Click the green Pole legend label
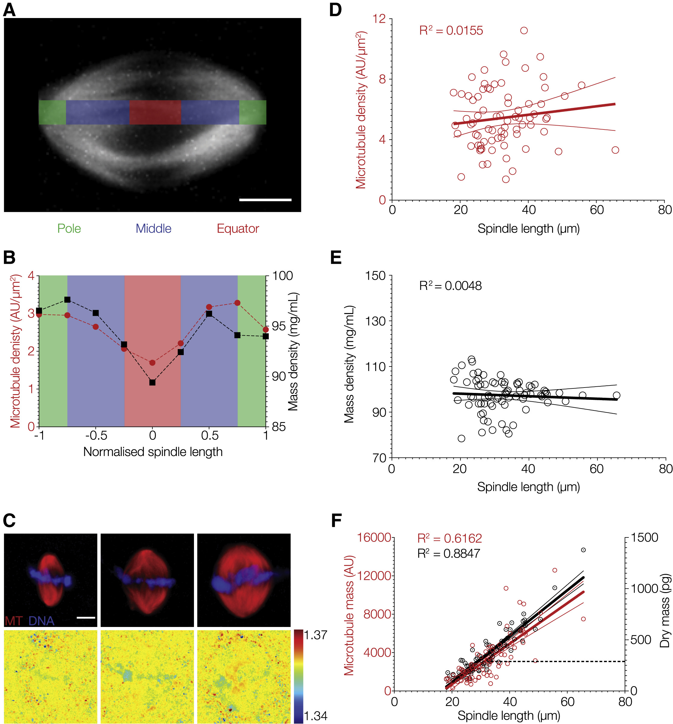[69, 229]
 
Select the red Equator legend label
[238, 229]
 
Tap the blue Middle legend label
[153, 229]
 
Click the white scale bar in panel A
[265, 200]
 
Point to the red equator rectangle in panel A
[155, 112]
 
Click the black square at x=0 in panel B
[152, 382]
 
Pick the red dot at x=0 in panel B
[152, 363]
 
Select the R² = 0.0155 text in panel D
[451, 31]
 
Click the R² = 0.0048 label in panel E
[450, 286]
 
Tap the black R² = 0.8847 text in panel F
[448, 554]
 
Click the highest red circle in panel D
[524, 31]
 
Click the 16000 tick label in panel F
[374, 538]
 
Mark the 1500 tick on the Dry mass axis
[644, 537]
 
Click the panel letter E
[336, 257]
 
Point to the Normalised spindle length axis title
[153, 452]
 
